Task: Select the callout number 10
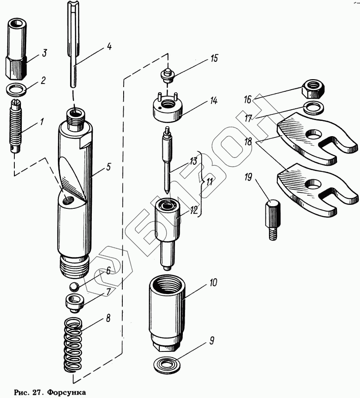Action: (x=213, y=283)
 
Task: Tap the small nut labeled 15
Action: (x=167, y=75)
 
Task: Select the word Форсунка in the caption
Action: (x=65, y=392)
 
